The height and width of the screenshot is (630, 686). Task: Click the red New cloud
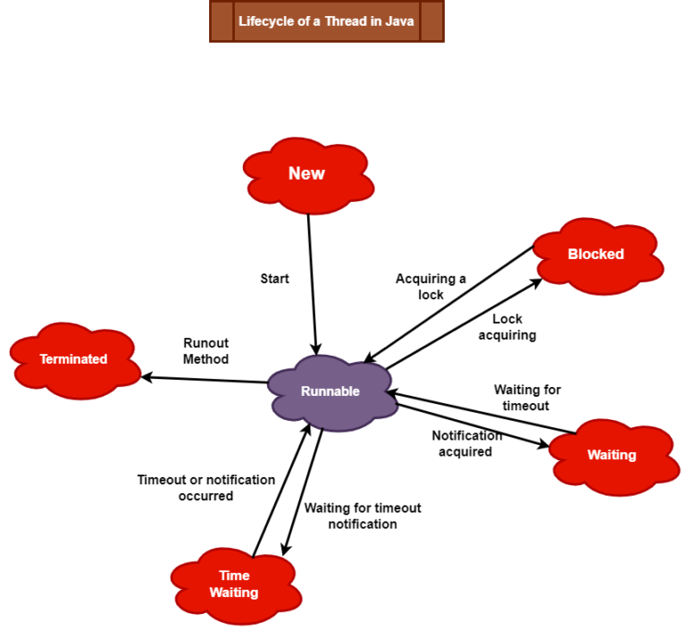pyautogui.click(x=306, y=174)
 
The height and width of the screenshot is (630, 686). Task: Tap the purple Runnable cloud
pyautogui.click(x=330, y=391)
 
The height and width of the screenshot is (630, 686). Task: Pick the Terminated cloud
pyautogui.click(x=73, y=359)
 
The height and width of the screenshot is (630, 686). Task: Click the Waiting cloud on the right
pyautogui.click(x=611, y=455)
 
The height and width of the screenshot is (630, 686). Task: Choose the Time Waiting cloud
pyautogui.click(x=234, y=584)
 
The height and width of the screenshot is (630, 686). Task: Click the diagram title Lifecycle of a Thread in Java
pyautogui.click(x=326, y=21)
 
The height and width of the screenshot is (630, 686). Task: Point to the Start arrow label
pyautogui.click(x=274, y=279)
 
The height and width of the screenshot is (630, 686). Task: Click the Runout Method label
pyautogui.click(x=206, y=350)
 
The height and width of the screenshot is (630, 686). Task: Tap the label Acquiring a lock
pyautogui.click(x=431, y=287)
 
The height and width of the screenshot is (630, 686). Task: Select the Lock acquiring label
pyautogui.click(x=507, y=327)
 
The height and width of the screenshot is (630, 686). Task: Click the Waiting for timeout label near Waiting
pyautogui.click(x=527, y=397)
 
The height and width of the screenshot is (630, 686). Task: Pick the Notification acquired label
pyautogui.click(x=466, y=443)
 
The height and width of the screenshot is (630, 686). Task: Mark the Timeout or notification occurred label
pyautogui.click(x=205, y=487)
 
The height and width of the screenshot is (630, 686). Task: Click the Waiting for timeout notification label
pyautogui.click(x=362, y=516)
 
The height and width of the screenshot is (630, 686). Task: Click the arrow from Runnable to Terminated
pyautogui.click(x=205, y=380)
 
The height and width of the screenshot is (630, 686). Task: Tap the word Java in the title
pyautogui.click(x=399, y=21)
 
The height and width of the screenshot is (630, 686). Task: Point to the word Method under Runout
pyautogui.click(x=206, y=359)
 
